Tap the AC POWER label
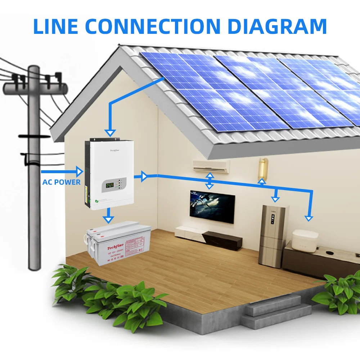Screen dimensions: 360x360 pos(61,182)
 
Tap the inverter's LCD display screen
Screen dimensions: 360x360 pos(109,186)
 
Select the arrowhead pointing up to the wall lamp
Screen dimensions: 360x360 pos(262,181)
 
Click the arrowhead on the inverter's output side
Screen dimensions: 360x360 pos(144,176)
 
